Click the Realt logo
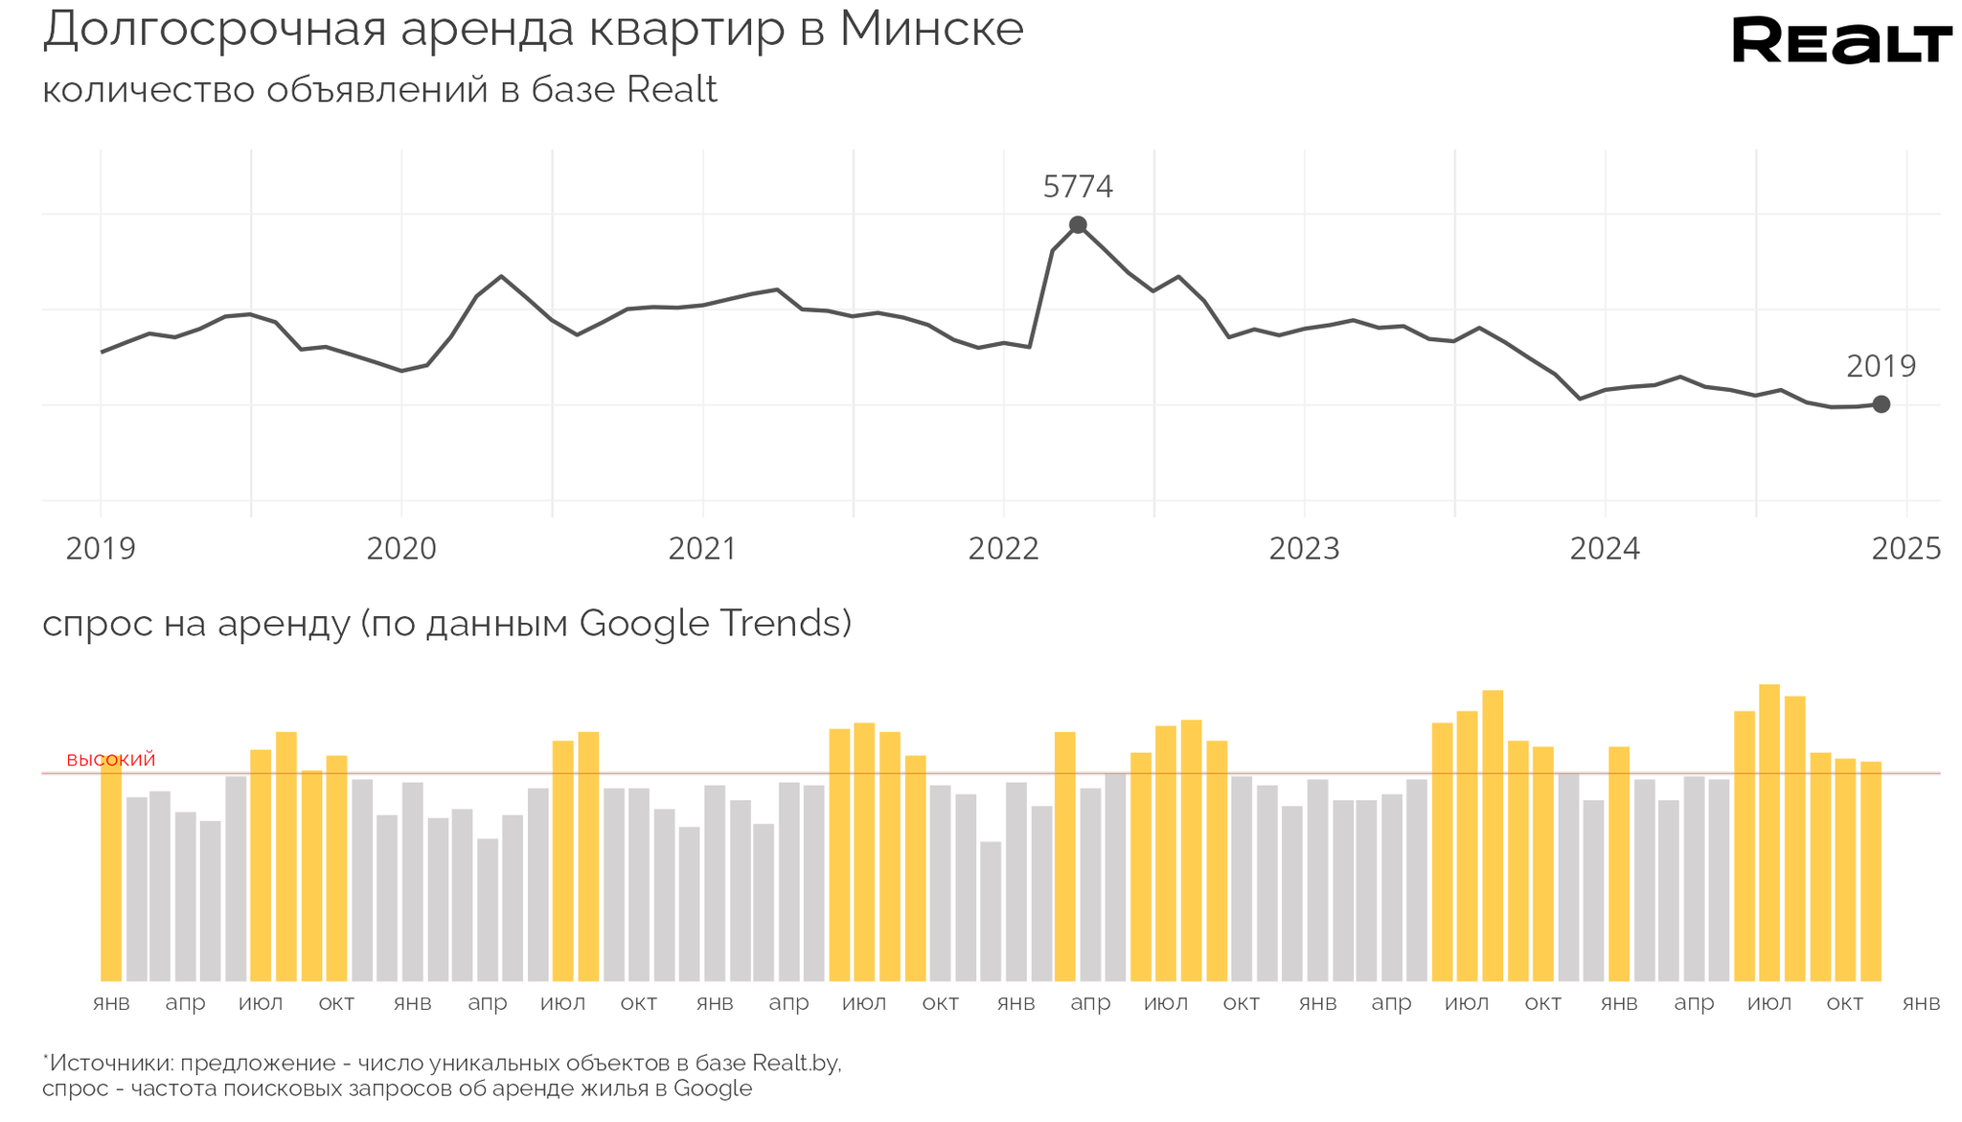[x=1841, y=40]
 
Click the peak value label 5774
[x=1078, y=187]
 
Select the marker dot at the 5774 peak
[x=1078, y=225]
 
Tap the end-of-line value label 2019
[x=1881, y=366]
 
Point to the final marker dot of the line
[x=1881, y=404]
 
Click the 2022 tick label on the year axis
[x=1003, y=549]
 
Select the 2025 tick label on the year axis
[x=1906, y=549]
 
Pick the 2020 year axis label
[x=401, y=549]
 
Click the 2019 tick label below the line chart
[x=101, y=549]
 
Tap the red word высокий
[x=111, y=760]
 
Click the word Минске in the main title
[x=931, y=29]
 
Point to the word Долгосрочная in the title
[x=215, y=31]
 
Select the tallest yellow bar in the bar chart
[x=1768, y=834]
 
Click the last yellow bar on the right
[x=1870, y=872]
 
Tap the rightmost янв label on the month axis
[x=1921, y=1003]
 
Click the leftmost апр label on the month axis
[x=185, y=1004]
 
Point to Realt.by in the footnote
[x=795, y=1063]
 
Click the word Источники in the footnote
[x=109, y=1064]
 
